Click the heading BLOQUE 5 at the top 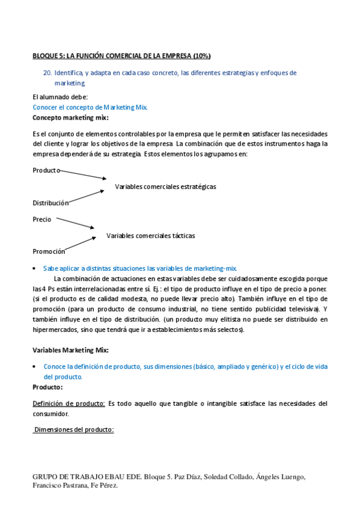click(121, 56)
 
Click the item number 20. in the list click(47, 73)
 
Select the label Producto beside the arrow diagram click(46, 170)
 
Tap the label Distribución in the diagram click(50, 203)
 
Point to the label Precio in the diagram click(42, 220)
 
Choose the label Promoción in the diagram click(49, 251)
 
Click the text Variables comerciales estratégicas click(165, 186)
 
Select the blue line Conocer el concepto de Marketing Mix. click(90, 107)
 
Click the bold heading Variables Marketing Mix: click(70, 350)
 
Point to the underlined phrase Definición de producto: click(69, 403)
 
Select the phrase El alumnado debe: click(60, 97)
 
